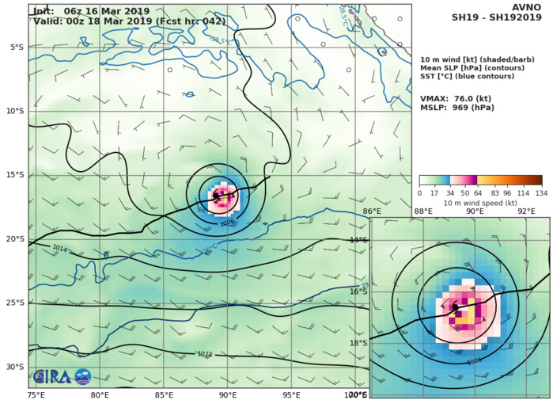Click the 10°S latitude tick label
pos(15,111)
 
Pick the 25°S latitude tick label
pos(15,302)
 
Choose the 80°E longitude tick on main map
pos(100,394)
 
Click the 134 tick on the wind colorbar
pos(542,192)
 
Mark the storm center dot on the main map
pos(216,195)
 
